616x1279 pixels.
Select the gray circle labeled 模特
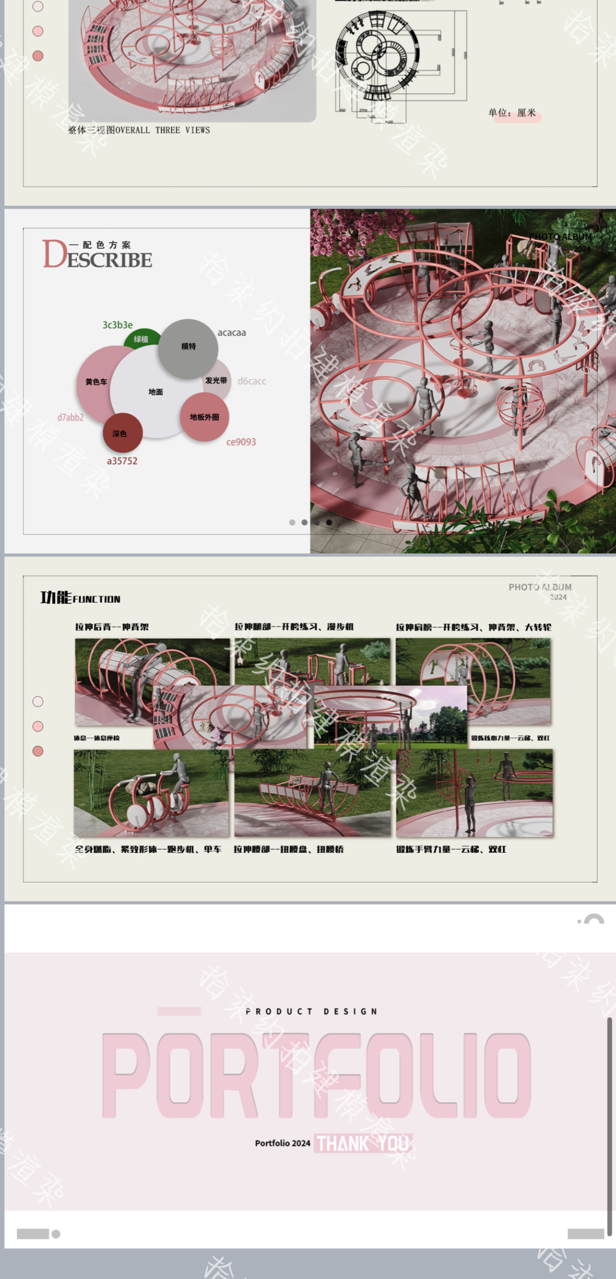pos(188,348)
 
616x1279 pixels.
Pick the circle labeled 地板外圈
pos(205,417)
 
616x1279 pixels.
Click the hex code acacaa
pos(231,332)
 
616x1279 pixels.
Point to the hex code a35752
pos(122,461)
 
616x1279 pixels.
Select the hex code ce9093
pos(241,442)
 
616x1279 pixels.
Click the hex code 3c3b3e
pos(117,325)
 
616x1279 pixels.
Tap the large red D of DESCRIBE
pos(54,254)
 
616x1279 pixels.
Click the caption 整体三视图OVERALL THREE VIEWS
pos(139,130)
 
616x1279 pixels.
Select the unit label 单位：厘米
pos(511,113)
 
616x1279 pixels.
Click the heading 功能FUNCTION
pos(80,598)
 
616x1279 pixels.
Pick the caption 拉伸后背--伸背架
pos(112,627)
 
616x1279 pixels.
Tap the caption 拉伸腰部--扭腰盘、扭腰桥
pos(288,849)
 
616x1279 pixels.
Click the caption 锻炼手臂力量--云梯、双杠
pos(451,849)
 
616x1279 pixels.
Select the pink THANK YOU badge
pos(363,1143)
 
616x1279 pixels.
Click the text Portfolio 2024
pos(282,1143)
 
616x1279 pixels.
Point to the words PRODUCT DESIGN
pos(311,1011)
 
